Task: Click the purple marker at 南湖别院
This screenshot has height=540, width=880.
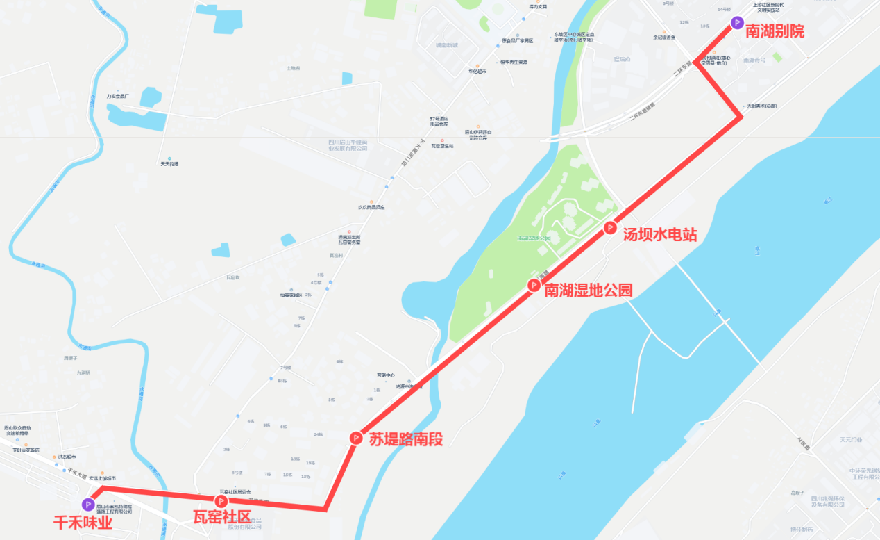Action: (736, 23)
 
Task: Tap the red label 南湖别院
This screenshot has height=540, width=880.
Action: (775, 31)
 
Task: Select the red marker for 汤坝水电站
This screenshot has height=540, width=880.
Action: (610, 227)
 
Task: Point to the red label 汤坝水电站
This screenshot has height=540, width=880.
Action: (659, 235)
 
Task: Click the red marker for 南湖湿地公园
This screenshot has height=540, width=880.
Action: (534, 284)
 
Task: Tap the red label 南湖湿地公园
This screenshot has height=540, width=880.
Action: (589, 291)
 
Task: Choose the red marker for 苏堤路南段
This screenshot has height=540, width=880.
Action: (355, 438)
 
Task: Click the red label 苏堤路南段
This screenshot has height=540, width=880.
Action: (405, 439)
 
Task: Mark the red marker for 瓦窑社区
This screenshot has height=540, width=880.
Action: (221, 501)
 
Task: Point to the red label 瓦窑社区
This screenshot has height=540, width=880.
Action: (221, 518)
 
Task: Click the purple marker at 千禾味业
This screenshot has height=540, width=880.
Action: (88, 504)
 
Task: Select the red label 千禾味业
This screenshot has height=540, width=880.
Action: (83, 522)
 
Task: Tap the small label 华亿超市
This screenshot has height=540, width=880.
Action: (477, 72)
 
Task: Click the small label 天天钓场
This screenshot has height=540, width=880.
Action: (169, 164)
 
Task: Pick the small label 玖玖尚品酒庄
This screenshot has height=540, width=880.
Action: (366, 207)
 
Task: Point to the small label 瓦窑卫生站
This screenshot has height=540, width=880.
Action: (442, 146)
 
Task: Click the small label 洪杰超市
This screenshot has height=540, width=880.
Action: (67, 457)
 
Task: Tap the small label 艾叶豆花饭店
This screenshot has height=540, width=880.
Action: (26, 450)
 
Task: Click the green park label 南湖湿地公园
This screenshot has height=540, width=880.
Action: (534, 238)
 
